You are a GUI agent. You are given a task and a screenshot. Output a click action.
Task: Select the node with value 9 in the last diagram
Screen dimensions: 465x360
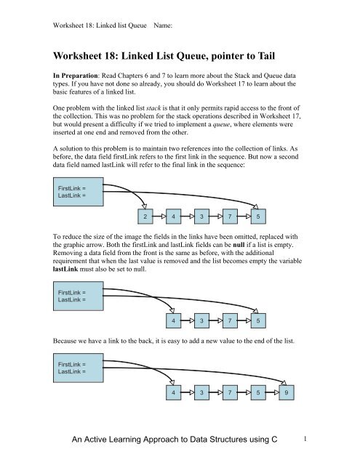(x=288, y=393)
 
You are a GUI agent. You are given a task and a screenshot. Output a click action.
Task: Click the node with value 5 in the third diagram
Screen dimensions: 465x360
(x=259, y=393)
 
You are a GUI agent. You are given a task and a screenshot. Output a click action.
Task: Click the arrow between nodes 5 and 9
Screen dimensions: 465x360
(x=273, y=393)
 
